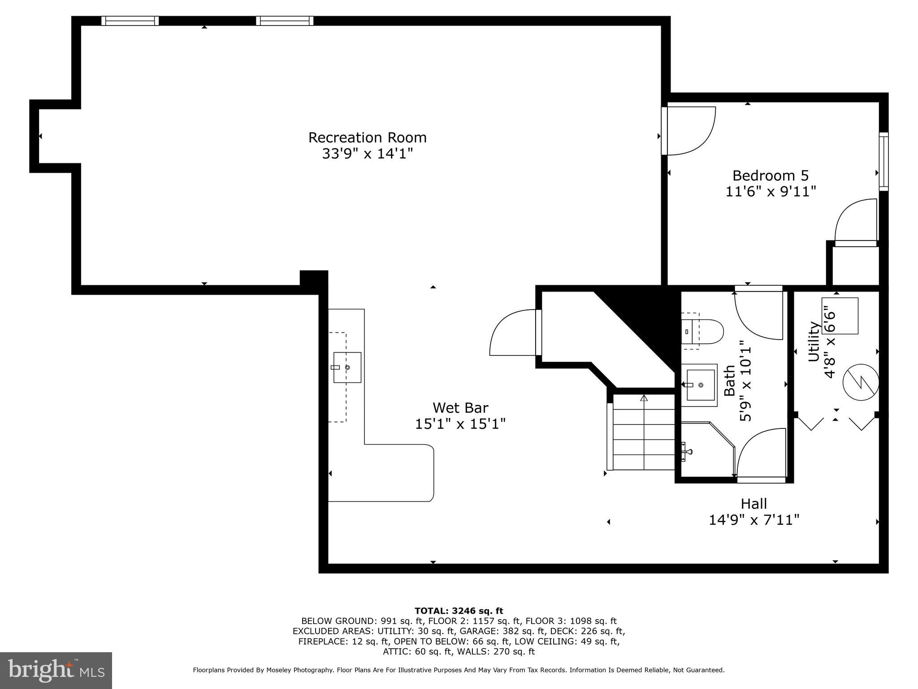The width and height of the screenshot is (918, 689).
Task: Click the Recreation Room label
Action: coord(367,137)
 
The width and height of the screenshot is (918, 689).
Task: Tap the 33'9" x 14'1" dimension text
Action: coord(367,154)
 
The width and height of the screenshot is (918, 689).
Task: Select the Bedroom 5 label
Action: coord(770,175)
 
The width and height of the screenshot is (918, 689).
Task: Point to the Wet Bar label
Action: coord(460,408)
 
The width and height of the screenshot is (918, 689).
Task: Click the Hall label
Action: coord(753,504)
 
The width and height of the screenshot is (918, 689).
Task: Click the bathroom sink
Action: coord(700,385)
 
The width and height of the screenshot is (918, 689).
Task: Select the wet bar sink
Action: coord(347,367)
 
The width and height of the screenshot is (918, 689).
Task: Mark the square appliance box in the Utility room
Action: coord(840,315)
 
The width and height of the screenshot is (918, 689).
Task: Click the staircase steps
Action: coord(644,432)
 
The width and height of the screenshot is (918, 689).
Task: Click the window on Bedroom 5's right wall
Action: coord(883,161)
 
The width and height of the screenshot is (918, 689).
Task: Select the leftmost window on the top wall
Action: coord(130,21)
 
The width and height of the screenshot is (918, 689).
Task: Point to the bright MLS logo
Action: coord(56,670)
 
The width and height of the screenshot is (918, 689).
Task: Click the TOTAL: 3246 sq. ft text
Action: coord(459,611)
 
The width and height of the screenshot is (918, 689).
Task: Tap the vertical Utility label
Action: coord(813,342)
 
